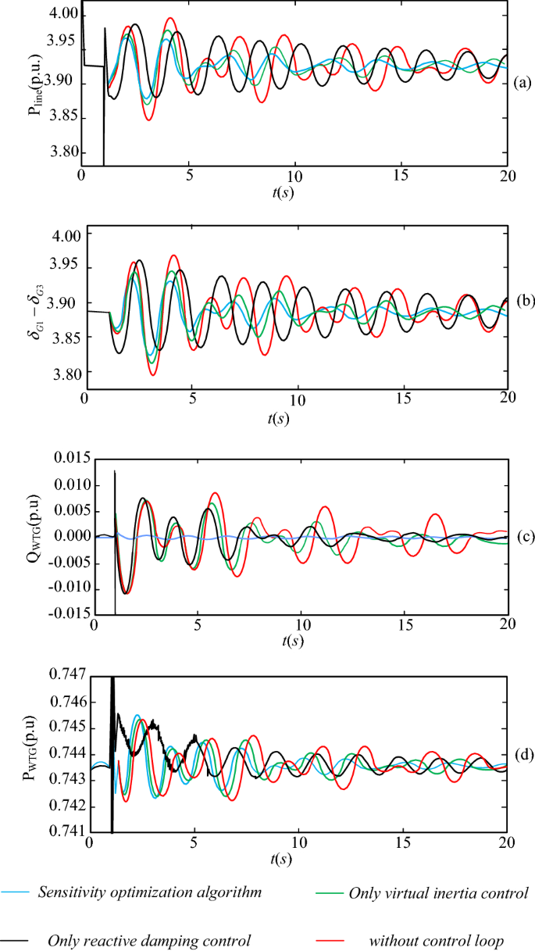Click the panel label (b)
tap(521, 301)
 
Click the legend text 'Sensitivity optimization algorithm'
tap(148, 892)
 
